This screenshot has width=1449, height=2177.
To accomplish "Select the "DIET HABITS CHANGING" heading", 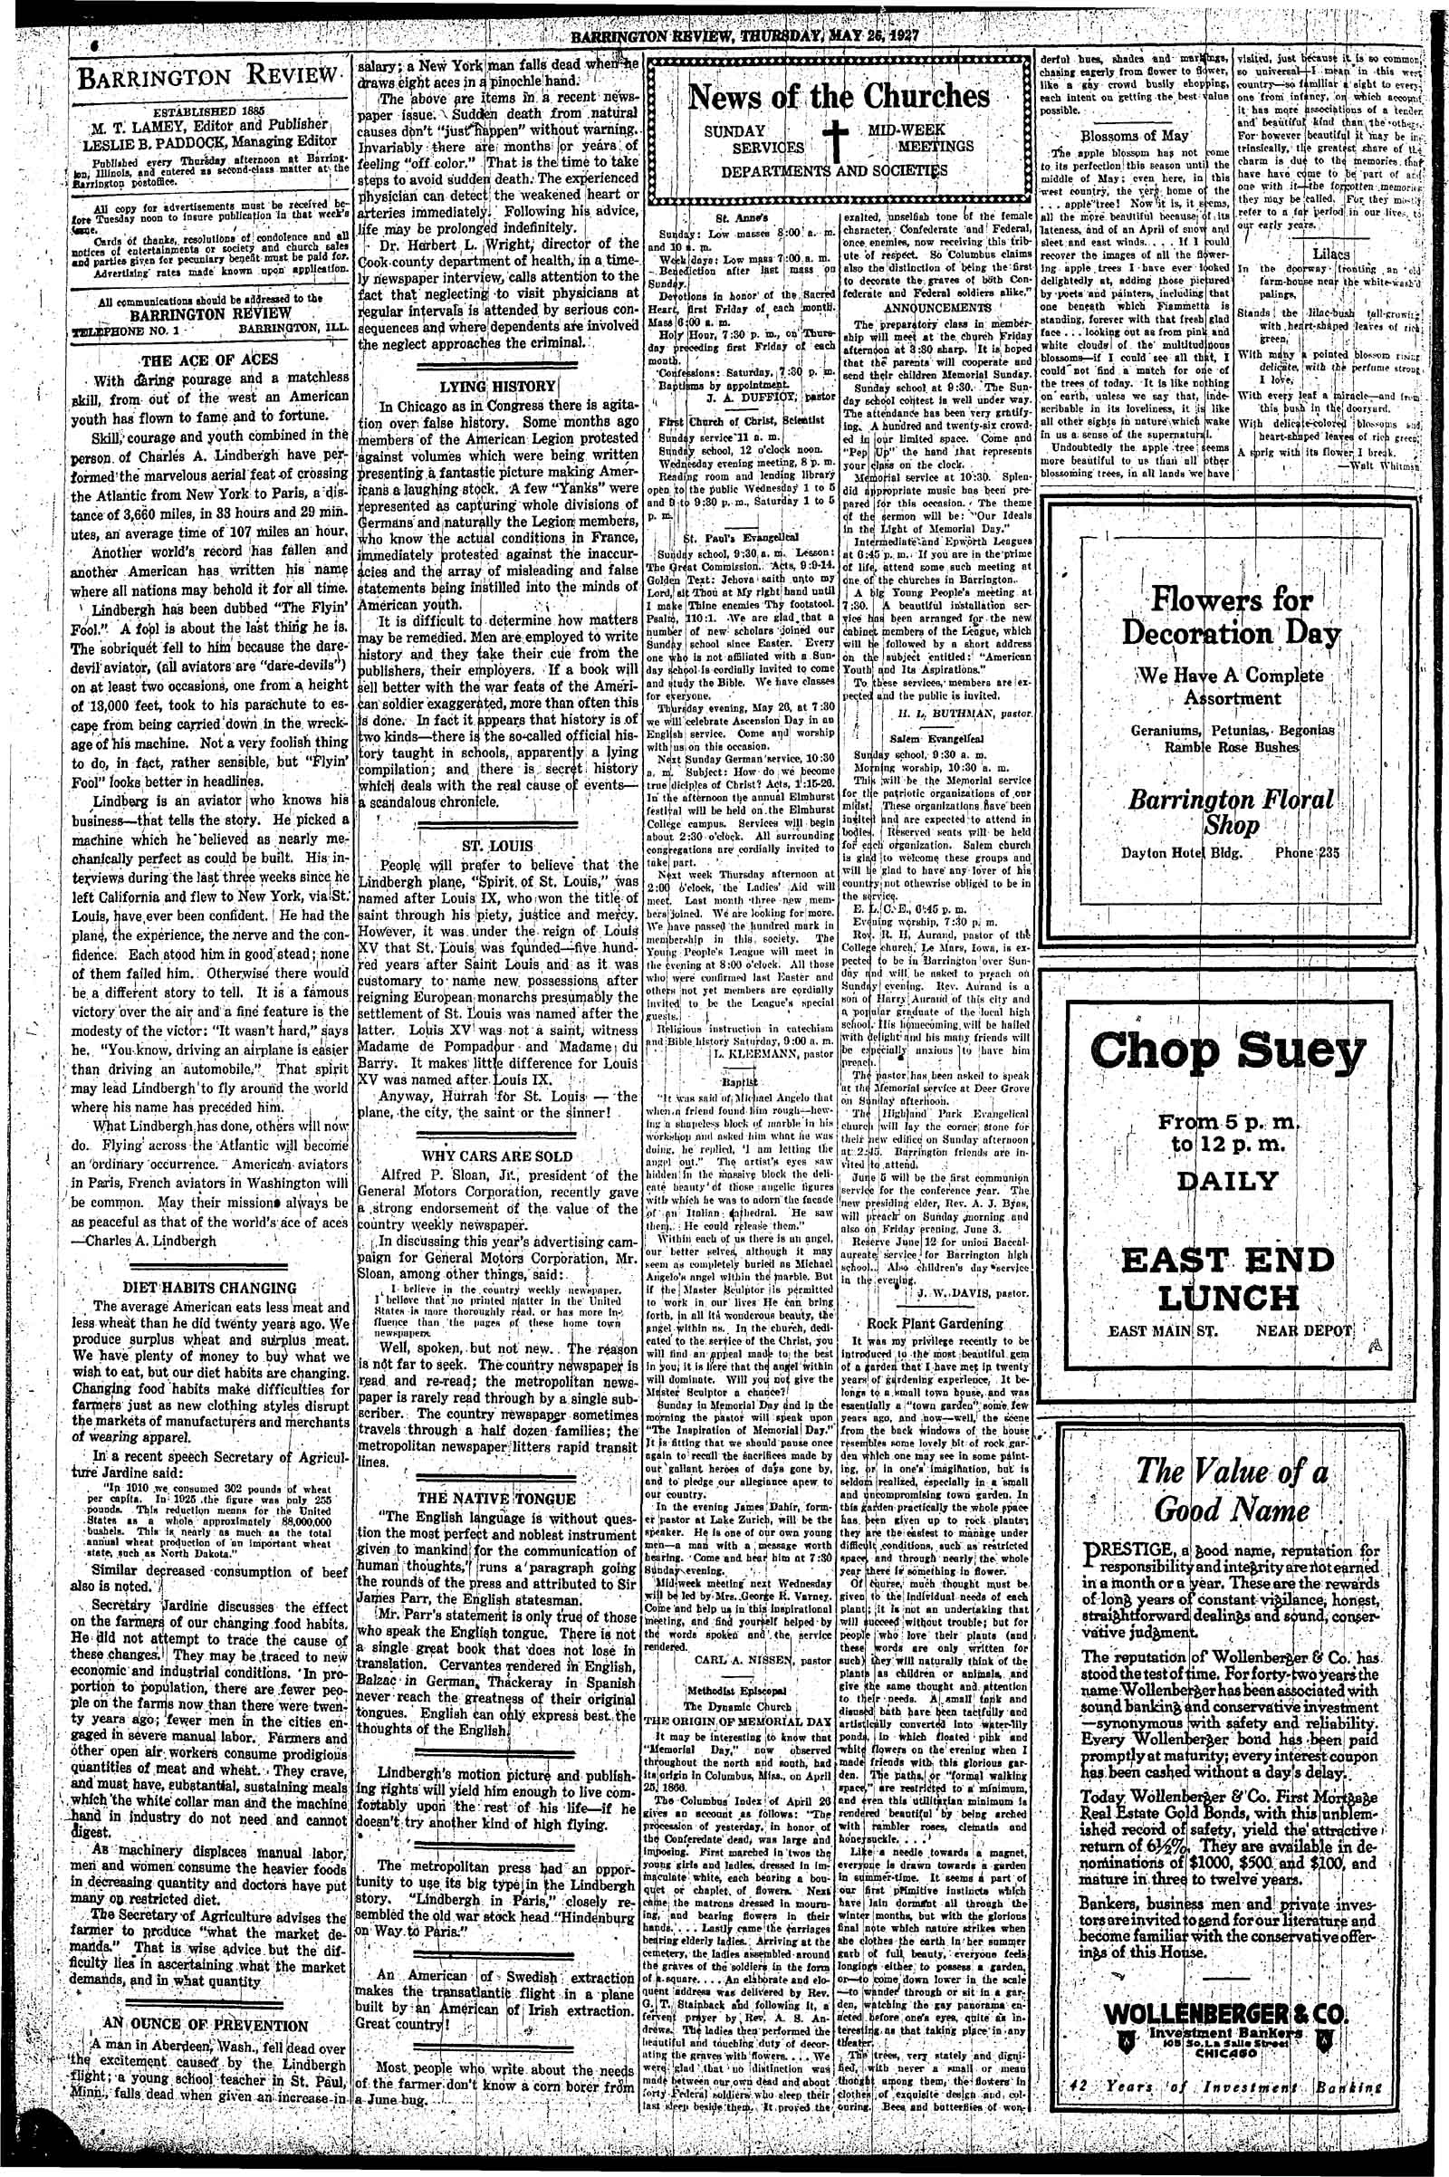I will [x=212, y=1288].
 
